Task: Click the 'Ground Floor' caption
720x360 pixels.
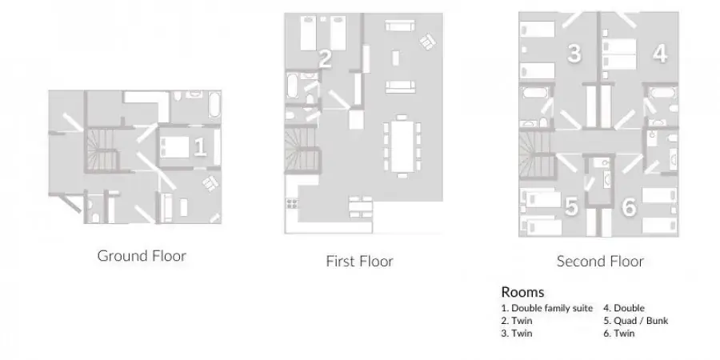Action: point(142,256)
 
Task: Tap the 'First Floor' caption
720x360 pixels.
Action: point(359,262)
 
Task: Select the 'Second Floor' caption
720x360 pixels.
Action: point(600,262)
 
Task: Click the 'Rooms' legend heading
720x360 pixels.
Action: point(522,292)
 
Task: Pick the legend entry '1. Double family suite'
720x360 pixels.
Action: point(547,308)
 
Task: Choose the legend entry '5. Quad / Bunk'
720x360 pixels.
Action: point(636,321)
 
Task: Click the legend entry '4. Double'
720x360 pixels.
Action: point(624,308)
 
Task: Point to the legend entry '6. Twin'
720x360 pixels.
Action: point(619,334)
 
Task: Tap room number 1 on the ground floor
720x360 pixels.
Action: point(200,147)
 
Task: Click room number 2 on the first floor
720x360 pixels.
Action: point(325,59)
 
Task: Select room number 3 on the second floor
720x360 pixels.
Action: point(574,54)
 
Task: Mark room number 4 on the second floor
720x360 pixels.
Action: point(660,54)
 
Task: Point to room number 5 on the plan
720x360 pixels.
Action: point(571,206)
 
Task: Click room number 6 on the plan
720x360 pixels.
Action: point(629,207)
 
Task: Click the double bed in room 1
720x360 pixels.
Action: point(174,147)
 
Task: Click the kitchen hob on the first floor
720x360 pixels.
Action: point(291,203)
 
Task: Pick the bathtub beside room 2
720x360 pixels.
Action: point(293,86)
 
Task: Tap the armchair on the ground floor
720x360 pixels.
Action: point(210,184)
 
